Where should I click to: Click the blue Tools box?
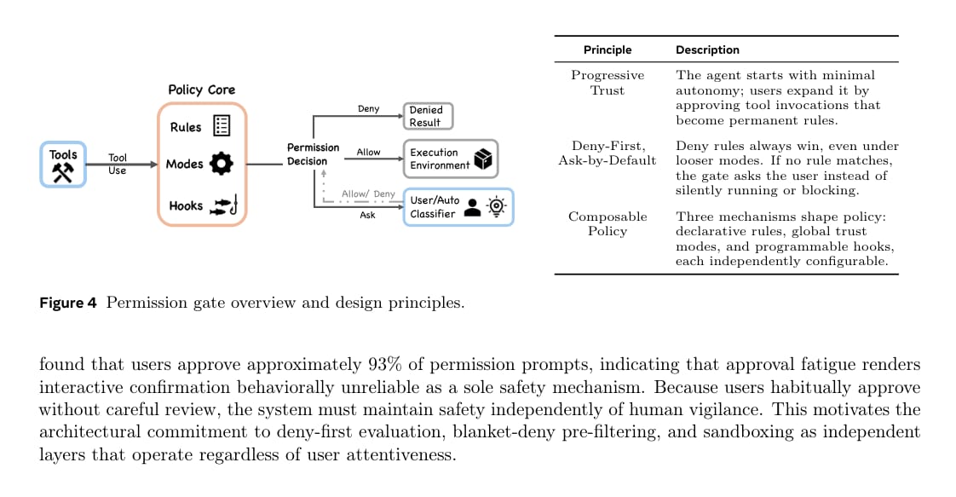[63, 164]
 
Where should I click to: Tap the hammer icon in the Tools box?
[63, 173]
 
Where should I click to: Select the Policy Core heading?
[202, 90]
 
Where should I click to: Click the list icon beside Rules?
[222, 125]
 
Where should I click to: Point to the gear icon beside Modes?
[222, 164]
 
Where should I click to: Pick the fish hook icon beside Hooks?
[224, 205]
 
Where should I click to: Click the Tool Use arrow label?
[117, 164]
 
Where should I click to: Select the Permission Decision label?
[313, 154]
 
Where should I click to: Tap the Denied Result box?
[428, 116]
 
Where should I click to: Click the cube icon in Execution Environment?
[483, 159]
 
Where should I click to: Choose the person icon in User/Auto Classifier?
[472, 207]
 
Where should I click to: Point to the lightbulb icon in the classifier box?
[497, 206]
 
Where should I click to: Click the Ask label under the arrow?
[367, 215]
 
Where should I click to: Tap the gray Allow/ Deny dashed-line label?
[368, 194]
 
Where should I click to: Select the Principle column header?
[608, 50]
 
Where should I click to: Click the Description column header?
[707, 50]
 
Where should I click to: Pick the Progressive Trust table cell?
[608, 83]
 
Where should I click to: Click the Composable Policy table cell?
[608, 224]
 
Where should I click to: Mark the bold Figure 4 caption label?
[67, 303]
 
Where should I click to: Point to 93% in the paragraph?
[385, 364]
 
